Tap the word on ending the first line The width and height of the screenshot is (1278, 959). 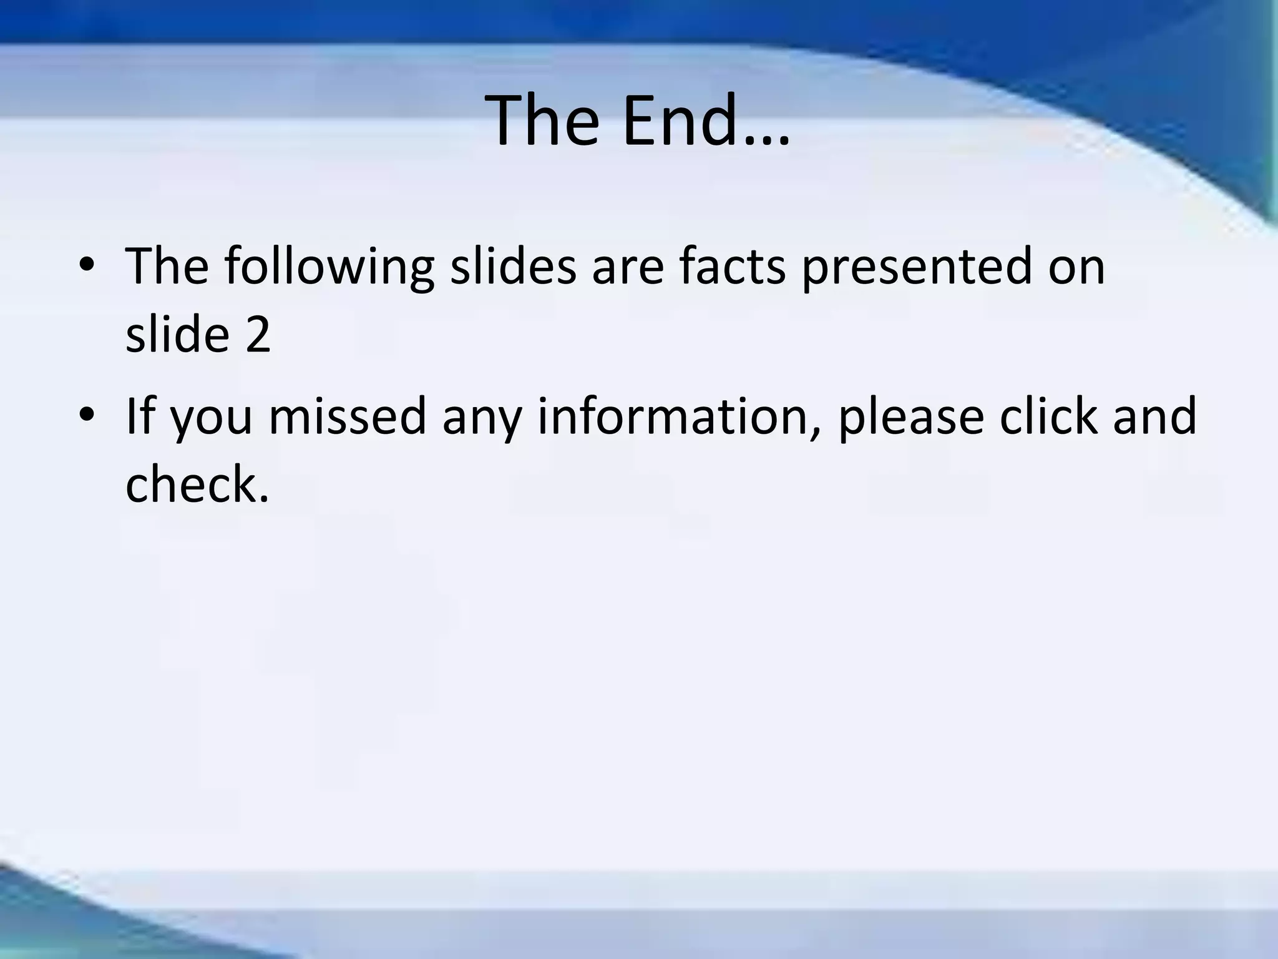pos(1077,267)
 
